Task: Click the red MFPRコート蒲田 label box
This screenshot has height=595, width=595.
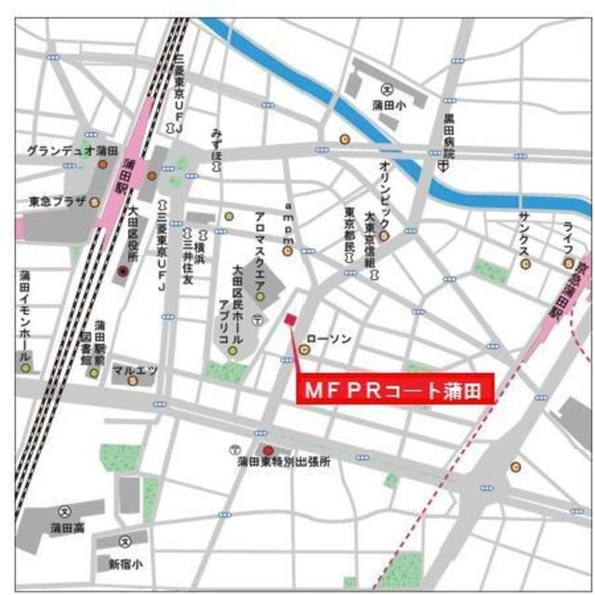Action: click(x=395, y=390)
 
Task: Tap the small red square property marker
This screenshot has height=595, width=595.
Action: click(x=289, y=320)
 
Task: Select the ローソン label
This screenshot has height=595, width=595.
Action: click(x=328, y=339)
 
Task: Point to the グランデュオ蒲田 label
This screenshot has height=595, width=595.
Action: click(x=73, y=151)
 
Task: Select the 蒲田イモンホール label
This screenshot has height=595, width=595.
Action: click(x=25, y=311)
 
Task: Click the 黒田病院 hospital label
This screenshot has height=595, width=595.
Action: click(x=448, y=135)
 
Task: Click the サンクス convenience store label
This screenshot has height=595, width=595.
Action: click(x=524, y=238)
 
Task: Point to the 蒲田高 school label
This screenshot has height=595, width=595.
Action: click(x=64, y=527)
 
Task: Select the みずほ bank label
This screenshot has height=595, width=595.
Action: click(x=218, y=142)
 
